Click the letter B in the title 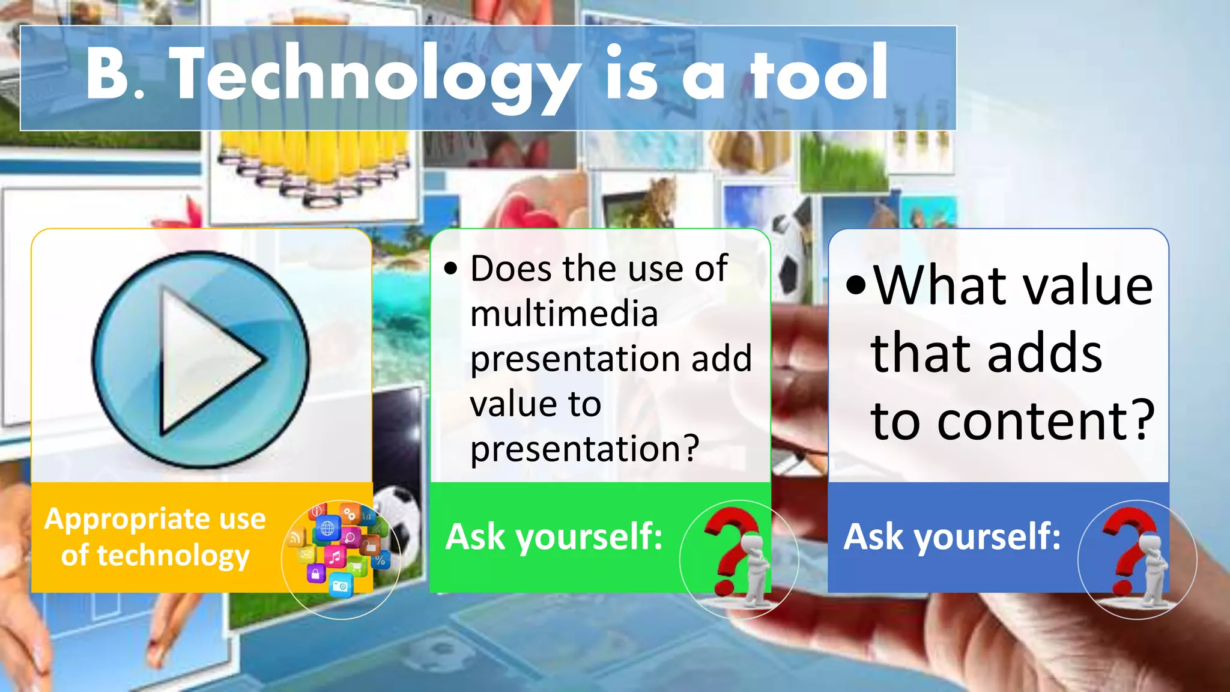(x=108, y=75)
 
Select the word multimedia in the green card (x=564, y=314)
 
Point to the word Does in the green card (x=510, y=269)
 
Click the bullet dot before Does (x=450, y=269)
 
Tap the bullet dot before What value (x=856, y=287)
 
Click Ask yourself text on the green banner (x=554, y=536)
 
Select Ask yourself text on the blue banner (x=952, y=536)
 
